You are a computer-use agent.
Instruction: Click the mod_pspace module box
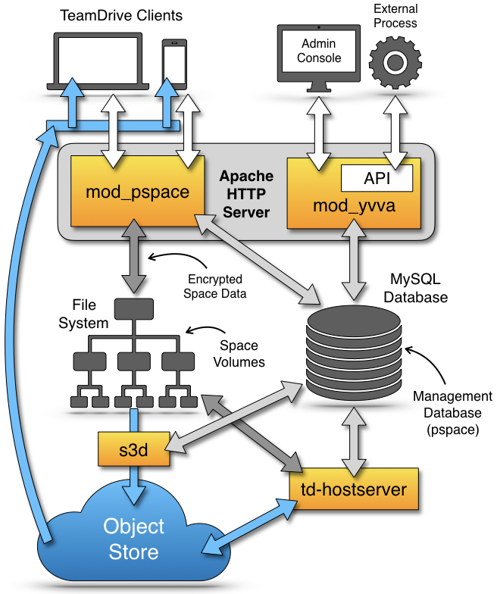click(136, 192)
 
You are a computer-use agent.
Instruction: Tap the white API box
click(377, 178)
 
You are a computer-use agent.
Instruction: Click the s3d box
click(132, 450)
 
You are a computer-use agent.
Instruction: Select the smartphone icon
click(174, 64)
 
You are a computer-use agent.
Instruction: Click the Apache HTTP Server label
click(245, 195)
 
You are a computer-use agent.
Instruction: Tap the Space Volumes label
click(239, 354)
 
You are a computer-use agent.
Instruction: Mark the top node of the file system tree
click(133, 308)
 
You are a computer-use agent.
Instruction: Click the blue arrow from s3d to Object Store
click(133, 480)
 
